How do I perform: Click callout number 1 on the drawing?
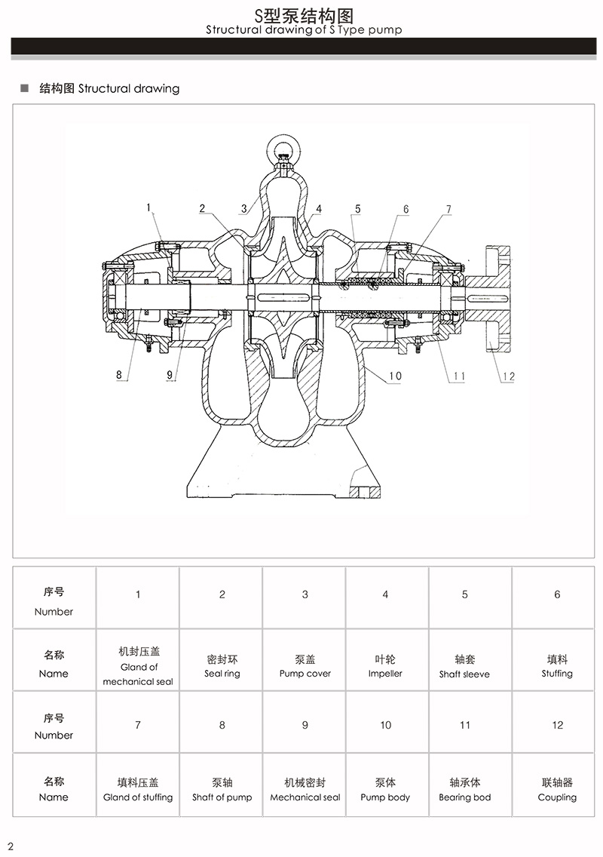(x=149, y=207)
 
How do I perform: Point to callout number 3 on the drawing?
(x=243, y=208)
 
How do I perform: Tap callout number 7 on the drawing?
(x=448, y=208)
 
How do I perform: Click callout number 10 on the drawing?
(x=396, y=375)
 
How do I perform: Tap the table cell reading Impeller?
(x=385, y=666)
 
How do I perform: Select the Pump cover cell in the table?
(x=305, y=666)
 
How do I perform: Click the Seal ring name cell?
(x=222, y=666)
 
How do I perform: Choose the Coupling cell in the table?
(x=557, y=790)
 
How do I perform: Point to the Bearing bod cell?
(x=464, y=790)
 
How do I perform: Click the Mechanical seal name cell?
(x=305, y=790)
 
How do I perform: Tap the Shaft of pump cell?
(x=222, y=790)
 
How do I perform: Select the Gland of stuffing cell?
(x=138, y=790)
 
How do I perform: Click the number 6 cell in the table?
(x=557, y=594)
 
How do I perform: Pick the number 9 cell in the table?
(x=305, y=725)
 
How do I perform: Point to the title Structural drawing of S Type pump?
(x=304, y=30)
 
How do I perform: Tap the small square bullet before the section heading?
(x=24, y=88)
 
